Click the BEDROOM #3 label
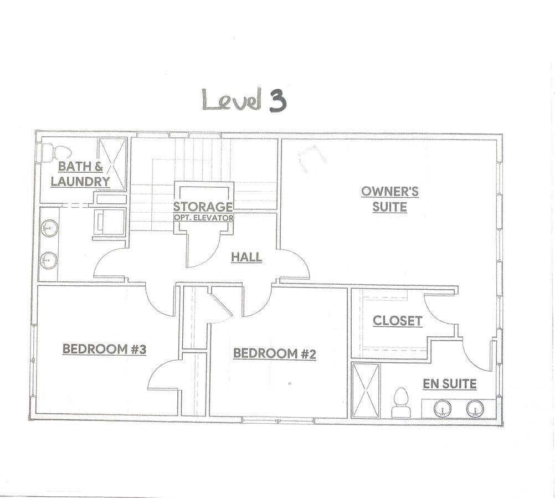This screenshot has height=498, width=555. tap(105, 349)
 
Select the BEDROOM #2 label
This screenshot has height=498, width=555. tap(274, 353)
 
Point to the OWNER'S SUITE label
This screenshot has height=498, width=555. tap(390, 199)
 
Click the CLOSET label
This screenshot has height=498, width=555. tap(398, 321)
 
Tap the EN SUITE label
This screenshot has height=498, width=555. tap(450, 384)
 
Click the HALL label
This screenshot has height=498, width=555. tap(246, 257)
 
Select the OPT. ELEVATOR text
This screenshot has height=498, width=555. tap(203, 218)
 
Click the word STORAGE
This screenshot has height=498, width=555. tap(203, 207)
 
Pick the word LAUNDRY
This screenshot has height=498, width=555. tap(80, 181)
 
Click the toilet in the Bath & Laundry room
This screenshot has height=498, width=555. tap(56, 153)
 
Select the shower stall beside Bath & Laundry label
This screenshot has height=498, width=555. tap(112, 165)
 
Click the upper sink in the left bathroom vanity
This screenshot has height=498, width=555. tap(49, 228)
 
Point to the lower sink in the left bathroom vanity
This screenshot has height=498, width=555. tap(49, 260)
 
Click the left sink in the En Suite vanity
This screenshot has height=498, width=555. tap(443, 408)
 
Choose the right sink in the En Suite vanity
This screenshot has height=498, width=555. tap(474, 408)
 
